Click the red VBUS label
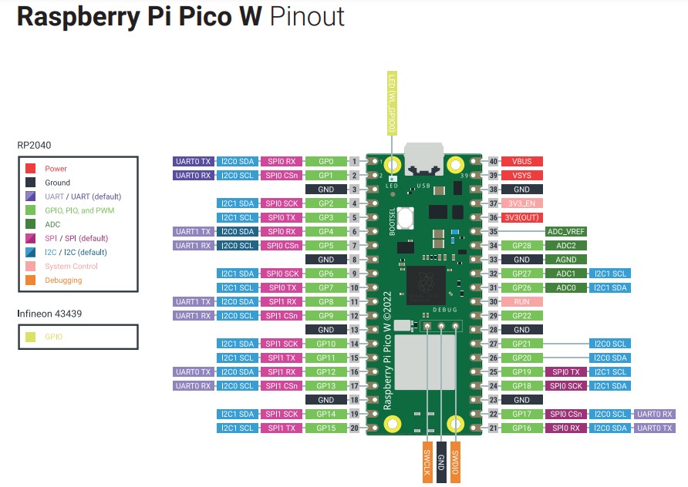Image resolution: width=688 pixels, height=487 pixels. (522, 162)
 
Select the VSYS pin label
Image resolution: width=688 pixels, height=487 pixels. (522, 176)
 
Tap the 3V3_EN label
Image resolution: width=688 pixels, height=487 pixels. (522, 203)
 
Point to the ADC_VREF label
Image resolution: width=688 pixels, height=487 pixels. (566, 231)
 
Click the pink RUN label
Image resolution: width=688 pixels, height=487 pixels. (522, 301)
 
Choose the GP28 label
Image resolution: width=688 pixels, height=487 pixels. (522, 245)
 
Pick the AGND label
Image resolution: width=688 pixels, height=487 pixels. (566, 260)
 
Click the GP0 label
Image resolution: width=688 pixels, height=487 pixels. (326, 162)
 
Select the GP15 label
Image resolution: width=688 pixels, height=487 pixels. (326, 428)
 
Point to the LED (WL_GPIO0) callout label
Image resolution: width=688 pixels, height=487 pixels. (393, 104)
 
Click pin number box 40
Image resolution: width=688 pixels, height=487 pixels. (494, 162)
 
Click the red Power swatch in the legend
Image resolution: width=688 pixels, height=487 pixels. (30, 169)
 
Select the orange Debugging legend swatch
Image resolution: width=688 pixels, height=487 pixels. (30, 280)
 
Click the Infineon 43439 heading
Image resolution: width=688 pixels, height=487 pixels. (49, 314)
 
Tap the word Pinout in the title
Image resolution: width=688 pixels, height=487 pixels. (307, 17)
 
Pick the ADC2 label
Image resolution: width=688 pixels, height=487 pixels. (566, 245)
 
